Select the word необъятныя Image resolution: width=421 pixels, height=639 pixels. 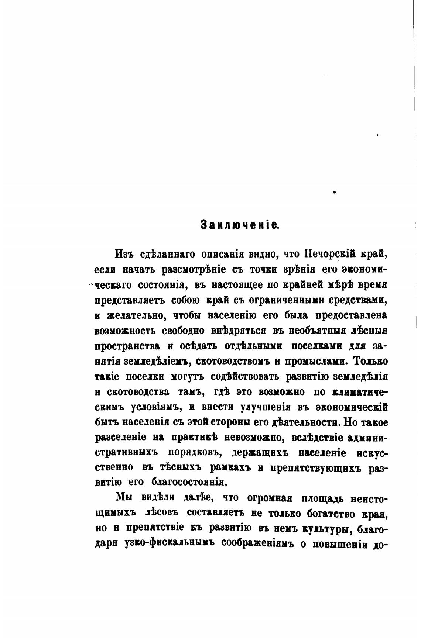316,331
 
